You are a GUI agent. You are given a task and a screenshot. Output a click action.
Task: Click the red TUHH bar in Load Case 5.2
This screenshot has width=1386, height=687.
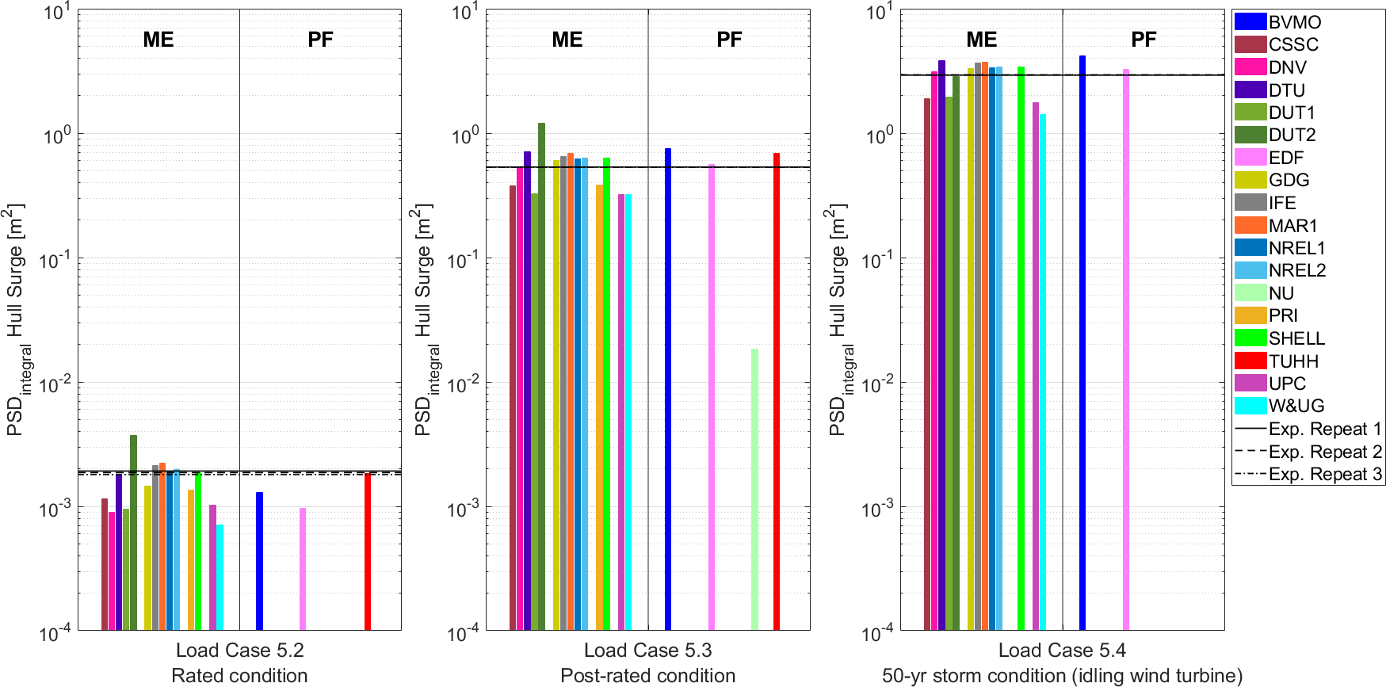368,552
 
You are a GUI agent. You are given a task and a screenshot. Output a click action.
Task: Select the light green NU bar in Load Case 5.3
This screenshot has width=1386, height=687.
754,489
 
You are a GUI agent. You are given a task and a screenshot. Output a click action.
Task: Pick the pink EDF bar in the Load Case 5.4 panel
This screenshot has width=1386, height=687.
1126,349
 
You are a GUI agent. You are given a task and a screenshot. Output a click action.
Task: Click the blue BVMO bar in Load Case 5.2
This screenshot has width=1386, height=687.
259,561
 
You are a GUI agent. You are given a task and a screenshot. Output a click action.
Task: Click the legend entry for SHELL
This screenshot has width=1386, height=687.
1296,338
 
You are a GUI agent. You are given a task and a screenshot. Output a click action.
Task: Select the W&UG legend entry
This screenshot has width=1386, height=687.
1296,406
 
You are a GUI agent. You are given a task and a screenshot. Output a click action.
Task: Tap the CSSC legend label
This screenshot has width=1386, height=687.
1293,44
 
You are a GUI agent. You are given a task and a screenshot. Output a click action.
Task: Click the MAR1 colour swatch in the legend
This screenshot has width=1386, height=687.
1250,226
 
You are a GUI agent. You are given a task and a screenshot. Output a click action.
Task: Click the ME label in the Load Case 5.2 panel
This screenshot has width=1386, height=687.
158,40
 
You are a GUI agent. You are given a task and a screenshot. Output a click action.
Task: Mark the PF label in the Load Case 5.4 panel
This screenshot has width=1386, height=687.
1144,40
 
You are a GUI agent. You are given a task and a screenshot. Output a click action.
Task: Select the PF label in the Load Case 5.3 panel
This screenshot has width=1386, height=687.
729,40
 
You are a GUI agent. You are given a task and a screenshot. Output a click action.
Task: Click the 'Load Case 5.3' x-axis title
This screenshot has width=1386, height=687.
647,651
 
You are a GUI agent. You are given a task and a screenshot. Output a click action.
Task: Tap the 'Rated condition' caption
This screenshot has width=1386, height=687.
239,676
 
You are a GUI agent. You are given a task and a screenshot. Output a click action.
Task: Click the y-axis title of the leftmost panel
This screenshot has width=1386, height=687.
17,320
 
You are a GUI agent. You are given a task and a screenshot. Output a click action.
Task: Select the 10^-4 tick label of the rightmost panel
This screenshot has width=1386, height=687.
876,633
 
